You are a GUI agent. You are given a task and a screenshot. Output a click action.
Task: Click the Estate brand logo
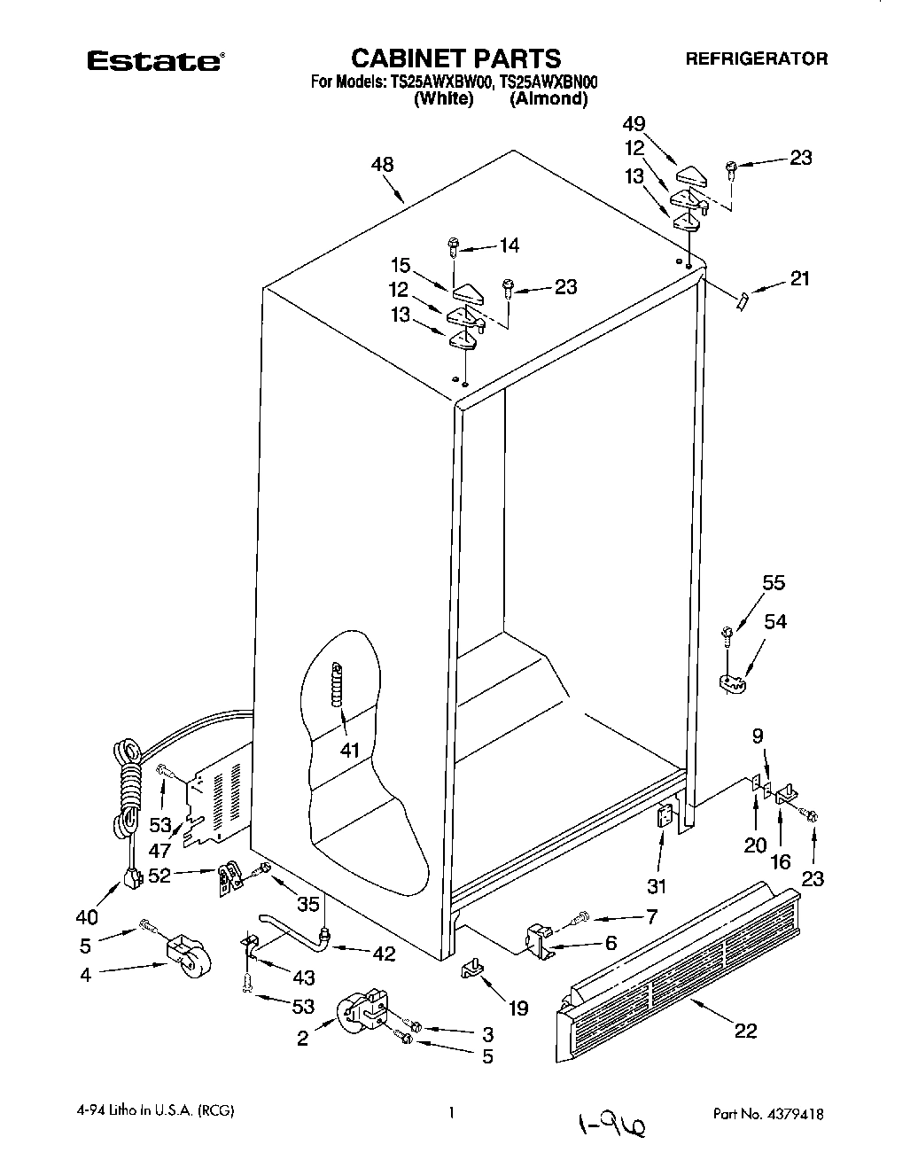(x=154, y=61)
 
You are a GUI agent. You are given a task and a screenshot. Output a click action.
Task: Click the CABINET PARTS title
(x=456, y=58)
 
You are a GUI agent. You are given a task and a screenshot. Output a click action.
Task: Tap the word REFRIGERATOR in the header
(x=757, y=59)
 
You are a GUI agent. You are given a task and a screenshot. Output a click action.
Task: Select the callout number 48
(x=383, y=165)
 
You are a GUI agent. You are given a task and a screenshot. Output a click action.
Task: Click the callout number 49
(x=658, y=125)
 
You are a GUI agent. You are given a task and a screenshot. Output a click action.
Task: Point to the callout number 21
(x=800, y=279)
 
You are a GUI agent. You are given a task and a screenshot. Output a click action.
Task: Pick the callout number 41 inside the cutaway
(x=350, y=750)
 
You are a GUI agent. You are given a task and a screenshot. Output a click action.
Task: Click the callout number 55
(x=774, y=583)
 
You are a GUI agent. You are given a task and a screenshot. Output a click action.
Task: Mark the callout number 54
(x=774, y=622)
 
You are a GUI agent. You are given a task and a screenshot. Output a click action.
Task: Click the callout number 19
(x=517, y=1008)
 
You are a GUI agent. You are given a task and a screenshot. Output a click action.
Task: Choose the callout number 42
(x=384, y=954)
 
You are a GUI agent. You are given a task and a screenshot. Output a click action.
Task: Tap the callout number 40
(x=86, y=916)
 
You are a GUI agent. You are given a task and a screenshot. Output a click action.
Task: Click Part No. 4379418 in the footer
(x=768, y=1114)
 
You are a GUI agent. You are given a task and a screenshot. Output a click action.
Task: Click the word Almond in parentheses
(x=548, y=99)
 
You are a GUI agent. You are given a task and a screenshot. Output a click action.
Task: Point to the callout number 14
(x=510, y=245)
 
